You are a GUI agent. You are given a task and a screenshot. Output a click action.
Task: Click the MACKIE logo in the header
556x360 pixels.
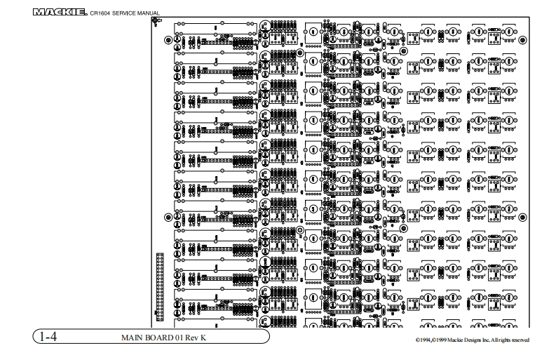click(60, 12)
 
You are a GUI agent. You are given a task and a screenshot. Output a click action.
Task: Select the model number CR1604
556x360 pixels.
click(101, 13)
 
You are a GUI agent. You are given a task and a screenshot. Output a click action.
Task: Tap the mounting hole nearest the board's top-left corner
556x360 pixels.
click(168, 40)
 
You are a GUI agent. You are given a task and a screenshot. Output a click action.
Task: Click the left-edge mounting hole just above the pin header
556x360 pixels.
click(168, 217)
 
